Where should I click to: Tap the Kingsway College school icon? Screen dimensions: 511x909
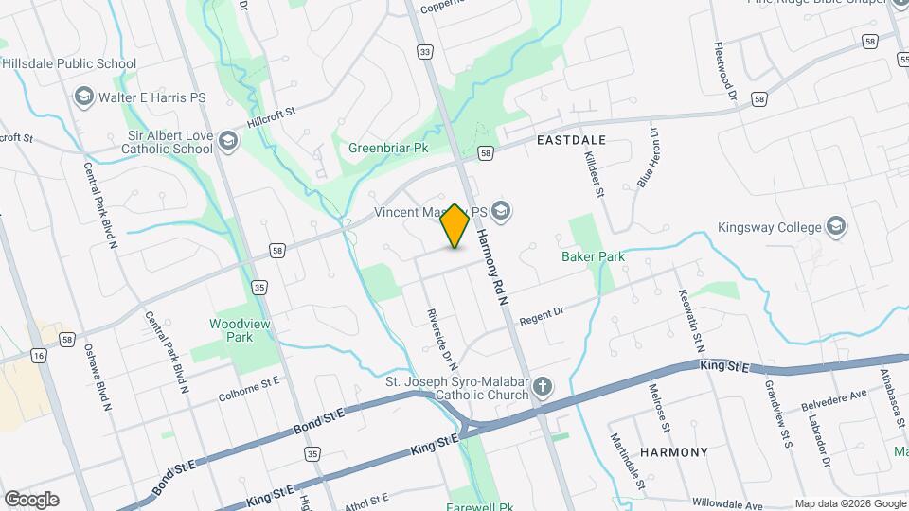pyautogui.click(x=835, y=225)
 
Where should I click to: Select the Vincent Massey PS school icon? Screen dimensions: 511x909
pyautogui.click(x=501, y=212)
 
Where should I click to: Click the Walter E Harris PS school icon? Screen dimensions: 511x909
pyautogui.click(x=83, y=97)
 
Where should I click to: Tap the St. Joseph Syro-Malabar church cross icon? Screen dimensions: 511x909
pyautogui.click(x=542, y=385)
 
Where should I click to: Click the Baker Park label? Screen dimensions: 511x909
pyautogui.click(x=594, y=256)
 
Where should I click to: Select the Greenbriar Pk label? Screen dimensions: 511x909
pyautogui.click(x=388, y=149)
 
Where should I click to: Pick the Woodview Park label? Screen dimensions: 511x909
pyautogui.click(x=231, y=330)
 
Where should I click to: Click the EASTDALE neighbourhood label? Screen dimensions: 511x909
pyautogui.click(x=571, y=139)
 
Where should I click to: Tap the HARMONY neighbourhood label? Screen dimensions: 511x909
pyautogui.click(x=673, y=452)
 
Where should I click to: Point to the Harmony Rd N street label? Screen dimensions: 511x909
pyautogui.click(x=492, y=268)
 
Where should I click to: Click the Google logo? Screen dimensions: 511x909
pyautogui.click(x=31, y=499)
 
